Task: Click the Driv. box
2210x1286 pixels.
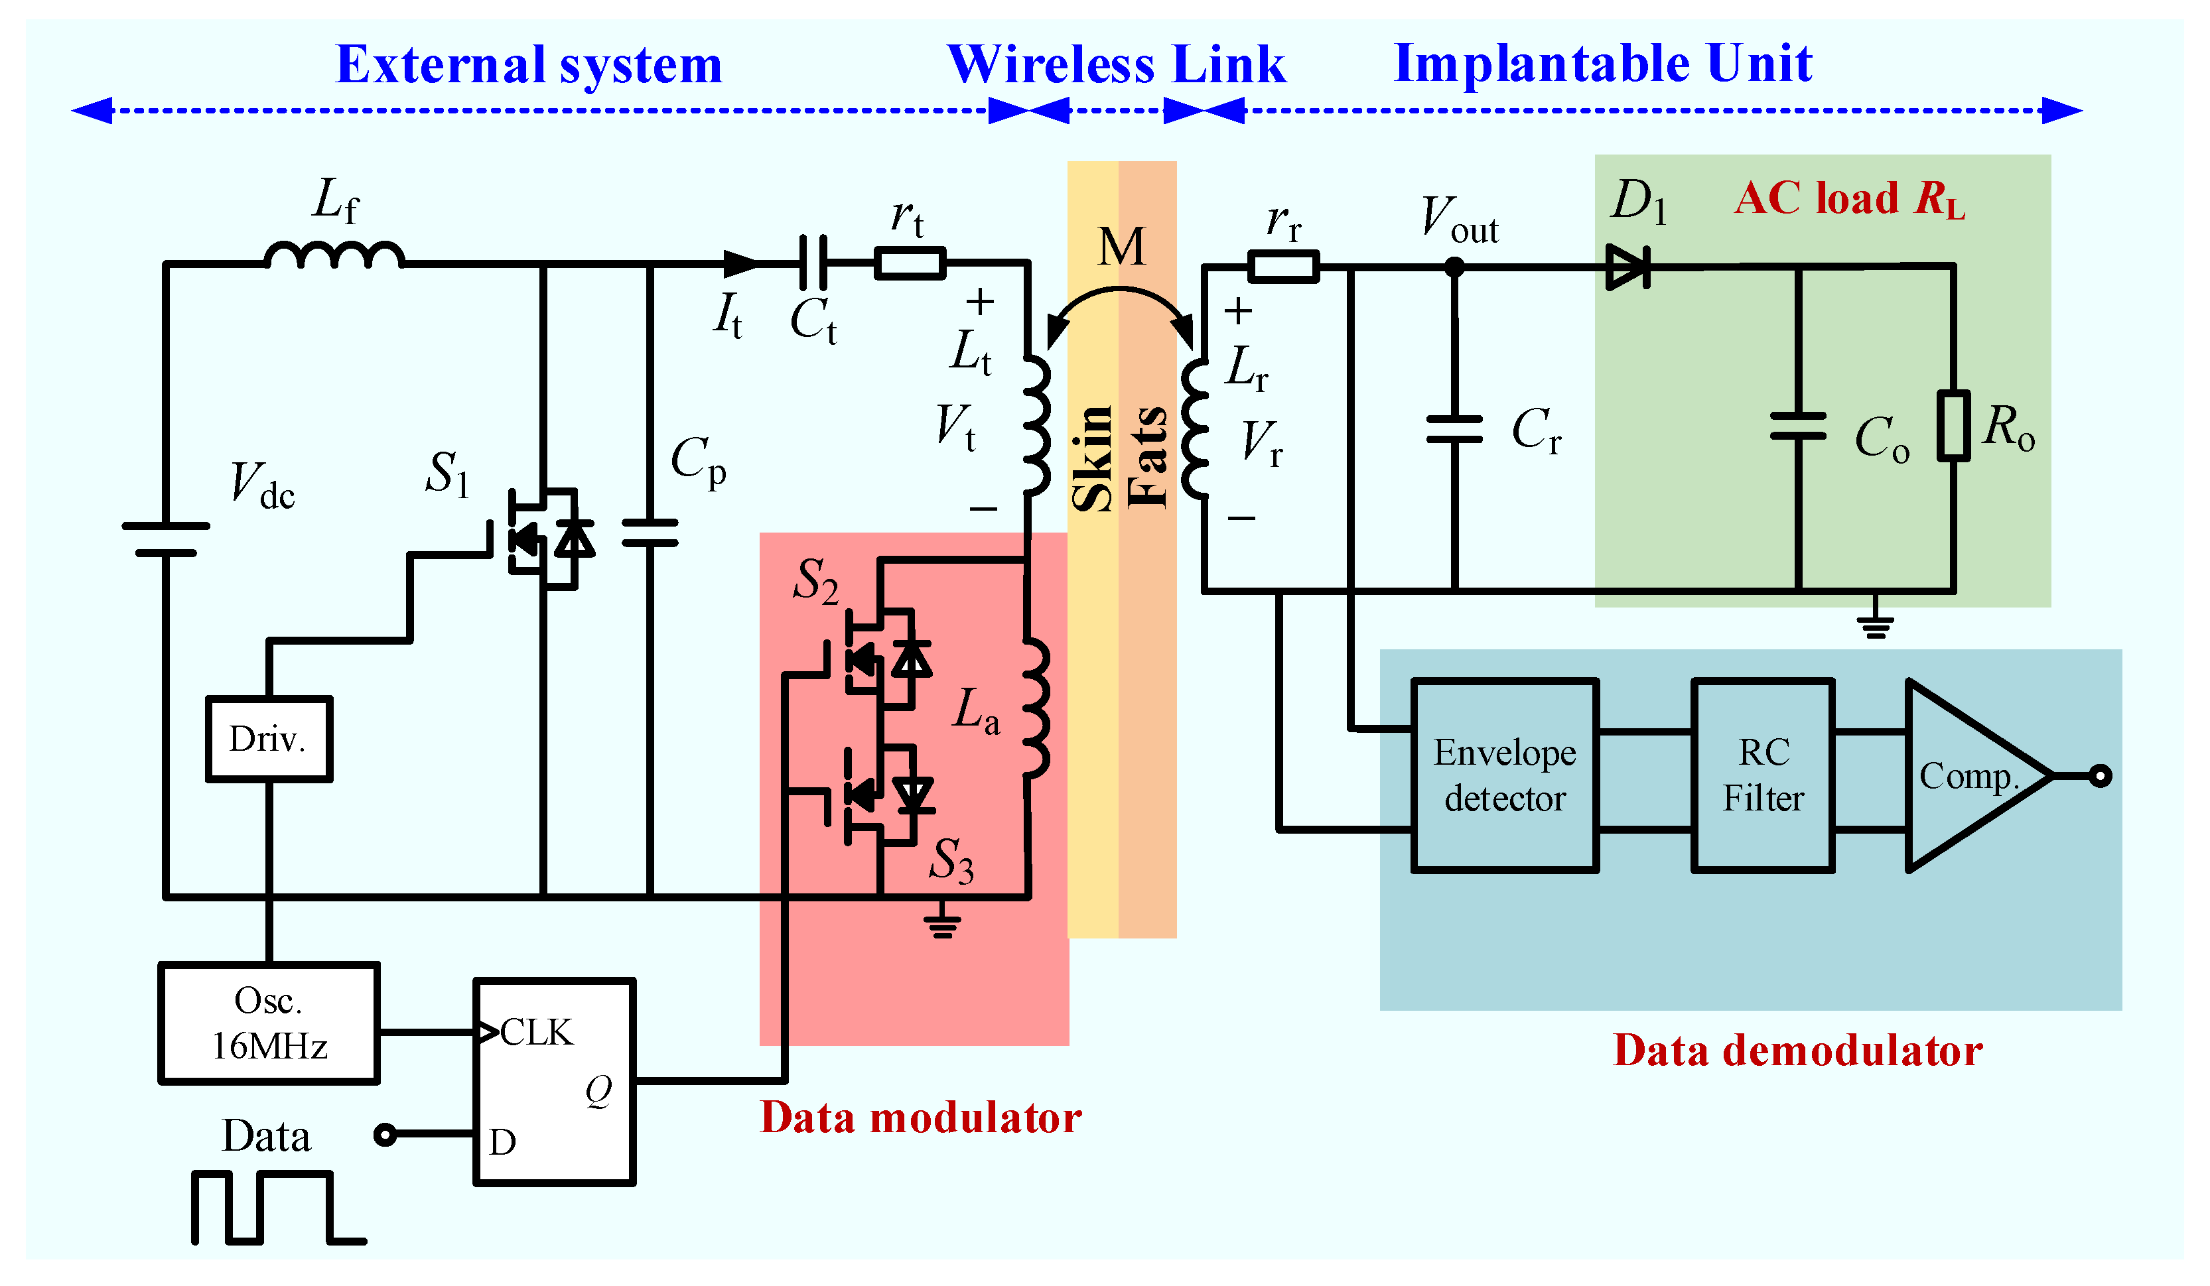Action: click(x=269, y=739)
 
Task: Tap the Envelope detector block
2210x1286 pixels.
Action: click(x=1505, y=775)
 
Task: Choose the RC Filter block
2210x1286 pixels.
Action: click(x=1763, y=775)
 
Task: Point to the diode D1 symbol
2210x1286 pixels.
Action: click(x=1627, y=267)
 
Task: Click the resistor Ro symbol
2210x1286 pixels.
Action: click(x=1953, y=425)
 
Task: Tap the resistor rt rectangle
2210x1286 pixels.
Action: click(x=910, y=263)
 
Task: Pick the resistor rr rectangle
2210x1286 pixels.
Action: click(x=1283, y=267)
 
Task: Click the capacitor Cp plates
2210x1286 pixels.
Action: click(x=650, y=532)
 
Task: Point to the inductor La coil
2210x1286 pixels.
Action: click(x=1036, y=708)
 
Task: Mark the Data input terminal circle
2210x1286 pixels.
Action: click(x=385, y=1135)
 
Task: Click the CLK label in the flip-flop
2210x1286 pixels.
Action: click(x=537, y=1032)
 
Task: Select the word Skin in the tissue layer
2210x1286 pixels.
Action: click(x=1093, y=458)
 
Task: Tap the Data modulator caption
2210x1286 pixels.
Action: click(x=921, y=1118)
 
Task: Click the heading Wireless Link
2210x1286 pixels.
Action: click(x=1117, y=63)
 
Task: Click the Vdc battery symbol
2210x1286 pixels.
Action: click(x=166, y=539)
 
